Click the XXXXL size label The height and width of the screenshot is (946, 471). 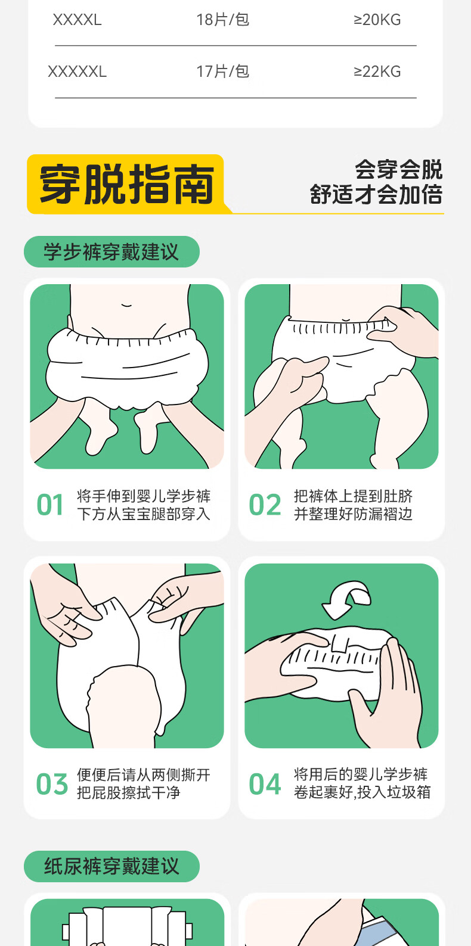point(77,20)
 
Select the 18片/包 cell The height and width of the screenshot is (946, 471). point(223,20)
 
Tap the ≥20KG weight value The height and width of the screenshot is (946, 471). point(377,20)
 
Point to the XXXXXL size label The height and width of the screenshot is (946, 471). point(77,72)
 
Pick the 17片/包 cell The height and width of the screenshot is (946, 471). point(223,71)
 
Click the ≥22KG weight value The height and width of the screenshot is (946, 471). point(377,72)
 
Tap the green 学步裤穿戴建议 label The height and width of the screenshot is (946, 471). point(111,252)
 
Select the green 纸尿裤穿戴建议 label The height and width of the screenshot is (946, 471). point(111,866)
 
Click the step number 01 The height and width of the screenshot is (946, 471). point(50,505)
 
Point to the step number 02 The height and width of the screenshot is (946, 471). point(265,505)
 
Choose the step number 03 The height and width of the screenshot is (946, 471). point(52,784)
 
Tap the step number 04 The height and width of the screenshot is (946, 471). point(265,784)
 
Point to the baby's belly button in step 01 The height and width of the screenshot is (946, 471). point(126,304)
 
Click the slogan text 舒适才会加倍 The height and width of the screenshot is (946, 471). point(376,195)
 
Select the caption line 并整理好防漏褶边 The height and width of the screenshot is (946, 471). point(353,514)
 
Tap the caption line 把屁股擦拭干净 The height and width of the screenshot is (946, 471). point(129,793)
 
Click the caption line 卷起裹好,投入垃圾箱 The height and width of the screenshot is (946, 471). point(362,792)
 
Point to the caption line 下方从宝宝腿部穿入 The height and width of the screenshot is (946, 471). point(143,514)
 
